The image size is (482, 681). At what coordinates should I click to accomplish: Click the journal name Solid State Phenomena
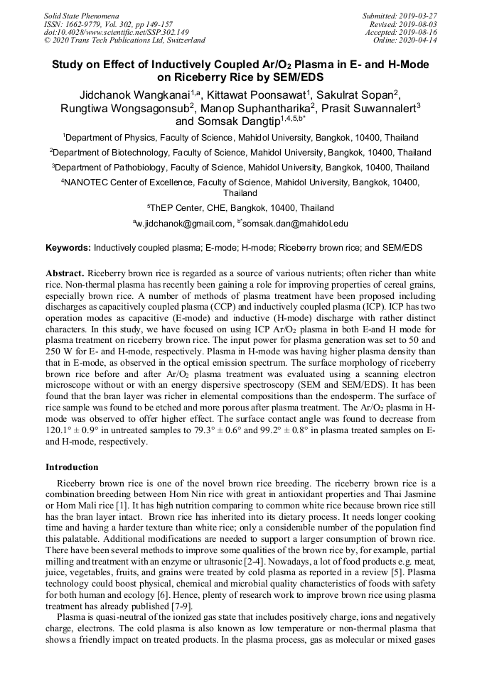[x=81, y=15]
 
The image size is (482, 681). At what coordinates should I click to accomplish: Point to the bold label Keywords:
[x=68, y=248]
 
